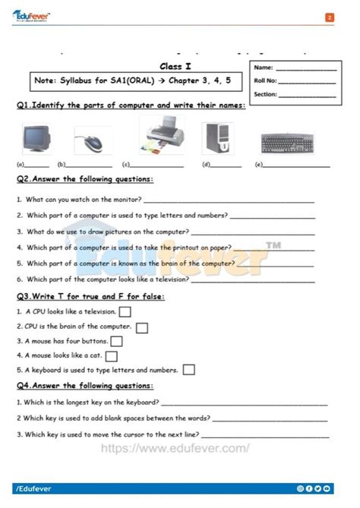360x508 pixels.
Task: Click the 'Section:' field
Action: (x=308, y=95)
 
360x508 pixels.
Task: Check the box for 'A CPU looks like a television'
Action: (x=125, y=311)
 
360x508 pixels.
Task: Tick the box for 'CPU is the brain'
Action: (x=142, y=327)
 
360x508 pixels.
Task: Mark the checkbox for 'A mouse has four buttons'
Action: (x=117, y=341)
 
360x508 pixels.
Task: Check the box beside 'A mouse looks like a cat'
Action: (x=112, y=355)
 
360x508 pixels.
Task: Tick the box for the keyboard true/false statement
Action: (x=188, y=370)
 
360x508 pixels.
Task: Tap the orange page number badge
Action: (x=329, y=17)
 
